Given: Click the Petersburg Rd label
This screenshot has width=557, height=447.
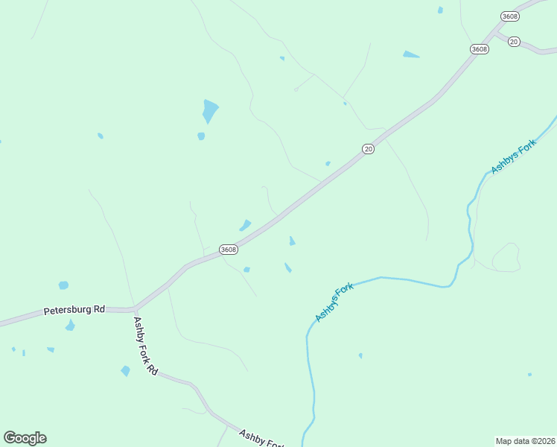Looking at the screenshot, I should [x=74, y=308].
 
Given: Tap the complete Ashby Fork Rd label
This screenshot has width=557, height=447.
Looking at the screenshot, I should [x=145, y=346].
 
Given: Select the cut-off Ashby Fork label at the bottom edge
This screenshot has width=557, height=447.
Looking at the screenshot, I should [x=261, y=437].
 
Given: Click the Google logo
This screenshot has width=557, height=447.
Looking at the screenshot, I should [x=25, y=438].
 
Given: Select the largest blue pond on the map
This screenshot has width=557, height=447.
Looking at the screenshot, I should [x=210, y=111].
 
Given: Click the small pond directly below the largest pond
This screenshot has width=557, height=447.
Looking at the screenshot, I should [x=201, y=136].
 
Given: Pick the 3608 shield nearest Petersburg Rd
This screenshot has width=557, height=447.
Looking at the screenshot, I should [x=229, y=250].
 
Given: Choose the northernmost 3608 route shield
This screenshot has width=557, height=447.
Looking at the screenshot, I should [x=510, y=16].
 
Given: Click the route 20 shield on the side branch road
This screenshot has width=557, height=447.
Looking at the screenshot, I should [x=514, y=42].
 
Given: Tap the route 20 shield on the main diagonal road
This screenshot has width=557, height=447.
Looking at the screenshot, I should [x=368, y=149].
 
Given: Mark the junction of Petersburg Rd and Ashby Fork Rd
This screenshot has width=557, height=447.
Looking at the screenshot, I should [x=134, y=308].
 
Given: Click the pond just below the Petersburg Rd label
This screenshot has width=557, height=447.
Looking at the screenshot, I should [x=70, y=326].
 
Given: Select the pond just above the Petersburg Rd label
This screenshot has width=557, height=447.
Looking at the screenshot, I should [x=63, y=285].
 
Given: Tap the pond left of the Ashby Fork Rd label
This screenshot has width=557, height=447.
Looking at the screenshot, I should [x=125, y=370].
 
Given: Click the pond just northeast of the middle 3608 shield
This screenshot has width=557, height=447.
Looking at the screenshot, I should [x=245, y=225].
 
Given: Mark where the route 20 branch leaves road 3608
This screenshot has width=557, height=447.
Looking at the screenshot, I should [x=496, y=33].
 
